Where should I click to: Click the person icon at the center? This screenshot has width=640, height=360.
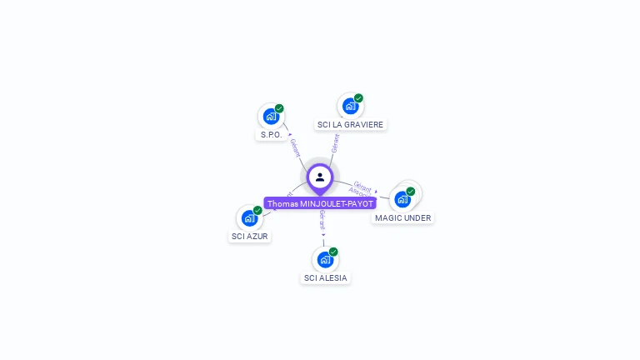(x=320, y=177)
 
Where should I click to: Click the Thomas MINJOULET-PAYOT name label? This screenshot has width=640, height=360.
(x=320, y=203)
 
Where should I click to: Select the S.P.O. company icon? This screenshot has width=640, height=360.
(x=270, y=117)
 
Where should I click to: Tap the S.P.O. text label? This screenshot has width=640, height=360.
(x=271, y=134)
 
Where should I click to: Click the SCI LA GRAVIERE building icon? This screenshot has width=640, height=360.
(x=350, y=106)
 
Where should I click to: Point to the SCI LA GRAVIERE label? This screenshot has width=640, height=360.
(x=350, y=124)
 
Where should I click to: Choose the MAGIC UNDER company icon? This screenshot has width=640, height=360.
(x=402, y=199)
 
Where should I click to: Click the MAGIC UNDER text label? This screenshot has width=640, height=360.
(x=402, y=217)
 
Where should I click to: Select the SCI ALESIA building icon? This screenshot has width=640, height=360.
(x=324, y=259)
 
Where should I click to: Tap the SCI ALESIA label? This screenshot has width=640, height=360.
(x=326, y=277)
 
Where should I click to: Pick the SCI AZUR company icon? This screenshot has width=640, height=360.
(x=248, y=218)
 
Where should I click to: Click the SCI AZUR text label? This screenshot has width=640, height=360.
(x=251, y=236)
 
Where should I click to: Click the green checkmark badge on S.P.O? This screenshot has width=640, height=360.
(x=279, y=108)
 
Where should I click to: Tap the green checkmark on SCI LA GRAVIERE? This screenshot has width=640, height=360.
(x=358, y=98)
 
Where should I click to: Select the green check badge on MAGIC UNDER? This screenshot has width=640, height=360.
(x=411, y=191)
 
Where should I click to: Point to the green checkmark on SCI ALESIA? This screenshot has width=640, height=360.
(x=333, y=252)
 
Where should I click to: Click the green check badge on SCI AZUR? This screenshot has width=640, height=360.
(x=257, y=210)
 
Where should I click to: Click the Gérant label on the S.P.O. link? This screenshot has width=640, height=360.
(x=295, y=147)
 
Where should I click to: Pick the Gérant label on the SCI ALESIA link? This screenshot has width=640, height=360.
(x=322, y=220)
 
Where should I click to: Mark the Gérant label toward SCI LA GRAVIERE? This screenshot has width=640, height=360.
(x=335, y=143)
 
